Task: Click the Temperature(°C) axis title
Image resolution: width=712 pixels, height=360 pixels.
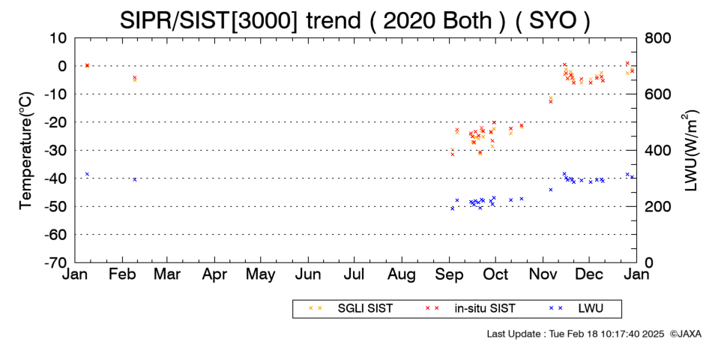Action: pyautogui.click(x=26, y=151)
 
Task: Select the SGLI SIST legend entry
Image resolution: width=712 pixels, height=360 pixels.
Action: pyautogui.click(x=351, y=309)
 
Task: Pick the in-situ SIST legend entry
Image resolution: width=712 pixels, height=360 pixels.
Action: pyautogui.click(x=471, y=309)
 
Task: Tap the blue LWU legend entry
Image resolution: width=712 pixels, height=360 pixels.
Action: pyautogui.click(x=576, y=309)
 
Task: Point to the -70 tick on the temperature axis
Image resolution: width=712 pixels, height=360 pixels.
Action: pyautogui.click(x=55, y=262)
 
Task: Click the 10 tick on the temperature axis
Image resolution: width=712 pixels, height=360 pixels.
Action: pyautogui.click(x=58, y=38)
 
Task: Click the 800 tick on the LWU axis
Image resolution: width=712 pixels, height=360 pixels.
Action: pyautogui.click(x=656, y=38)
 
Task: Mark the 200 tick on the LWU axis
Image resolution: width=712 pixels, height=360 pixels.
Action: pyautogui.click(x=656, y=207)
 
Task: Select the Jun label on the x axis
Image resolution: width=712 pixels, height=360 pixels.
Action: pyautogui.click(x=308, y=274)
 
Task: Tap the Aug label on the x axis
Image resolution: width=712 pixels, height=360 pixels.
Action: pyautogui.click(x=402, y=275)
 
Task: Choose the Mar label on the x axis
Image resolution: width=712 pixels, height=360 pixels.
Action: pyautogui.click(x=168, y=274)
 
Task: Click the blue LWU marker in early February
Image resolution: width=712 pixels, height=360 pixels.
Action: pyautogui.click(x=134, y=179)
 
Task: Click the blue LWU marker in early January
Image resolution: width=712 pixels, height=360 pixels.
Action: pyautogui.click(x=87, y=174)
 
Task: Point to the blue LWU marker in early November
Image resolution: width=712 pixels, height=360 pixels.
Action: pyautogui.click(x=551, y=190)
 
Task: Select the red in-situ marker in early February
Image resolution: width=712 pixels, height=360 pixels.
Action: pyautogui.click(x=134, y=78)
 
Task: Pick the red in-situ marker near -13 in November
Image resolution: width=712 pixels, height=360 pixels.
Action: pyautogui.click(x=551, y=101)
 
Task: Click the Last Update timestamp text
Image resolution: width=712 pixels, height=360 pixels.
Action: pyautogui.click(x=576, y=334)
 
